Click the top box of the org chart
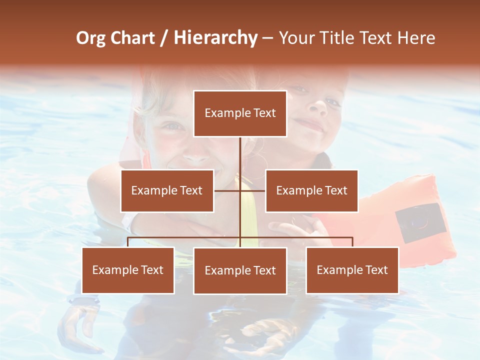[240, 113]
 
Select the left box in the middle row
[167, 190]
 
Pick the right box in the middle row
[311, 190]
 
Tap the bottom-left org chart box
[128, 270]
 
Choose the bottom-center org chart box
[240, 270]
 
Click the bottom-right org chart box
[352, 270]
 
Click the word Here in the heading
[415, 38]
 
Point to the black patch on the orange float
[420, 223]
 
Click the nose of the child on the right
[317, 106]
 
